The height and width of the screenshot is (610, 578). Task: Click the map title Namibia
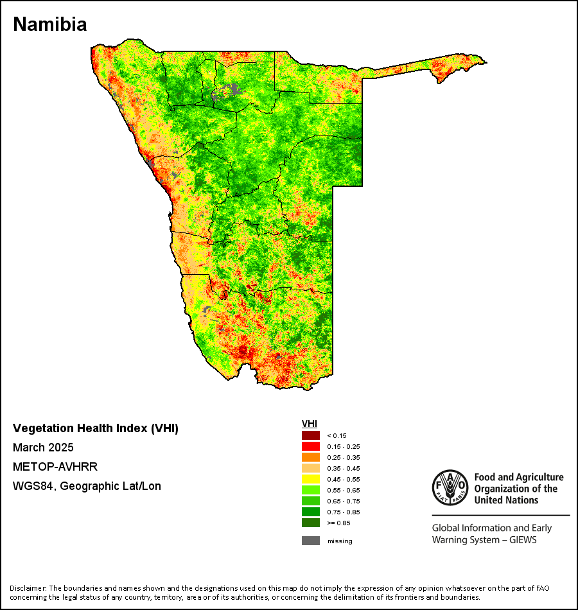[x=50, y=24]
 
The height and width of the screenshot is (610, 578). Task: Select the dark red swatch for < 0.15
[x=311, y=435]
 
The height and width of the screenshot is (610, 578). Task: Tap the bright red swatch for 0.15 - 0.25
[x=311, y=446]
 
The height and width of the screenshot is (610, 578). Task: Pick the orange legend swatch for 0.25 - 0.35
[x=311, y=457]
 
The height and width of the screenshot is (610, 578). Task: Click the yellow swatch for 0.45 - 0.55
[x=311, y=479]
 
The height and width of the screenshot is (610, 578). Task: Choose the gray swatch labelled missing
[x=311, y=541]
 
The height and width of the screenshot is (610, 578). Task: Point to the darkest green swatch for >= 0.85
[x=311, y=523]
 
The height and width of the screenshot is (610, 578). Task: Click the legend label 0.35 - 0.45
[x=344, y=468]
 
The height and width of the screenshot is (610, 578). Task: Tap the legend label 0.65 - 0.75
[x=344, y=501]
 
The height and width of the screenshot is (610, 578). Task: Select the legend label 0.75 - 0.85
[x=344, y=512]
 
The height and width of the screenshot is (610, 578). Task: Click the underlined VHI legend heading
[x=310, y=424]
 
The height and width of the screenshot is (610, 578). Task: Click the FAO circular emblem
[x=450, y=487]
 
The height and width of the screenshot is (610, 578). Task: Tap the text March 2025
[x=43, y=448]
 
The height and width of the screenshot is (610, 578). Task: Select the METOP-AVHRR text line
[x=55, y=466]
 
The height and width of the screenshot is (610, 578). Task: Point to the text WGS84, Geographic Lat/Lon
[x=87, y=486]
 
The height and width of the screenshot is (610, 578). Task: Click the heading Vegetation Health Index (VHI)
[x=96, y=428]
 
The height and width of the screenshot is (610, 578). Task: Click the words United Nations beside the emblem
[x=506, y=500]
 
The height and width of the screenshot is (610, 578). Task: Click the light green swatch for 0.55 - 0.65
[x=311, y=490]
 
